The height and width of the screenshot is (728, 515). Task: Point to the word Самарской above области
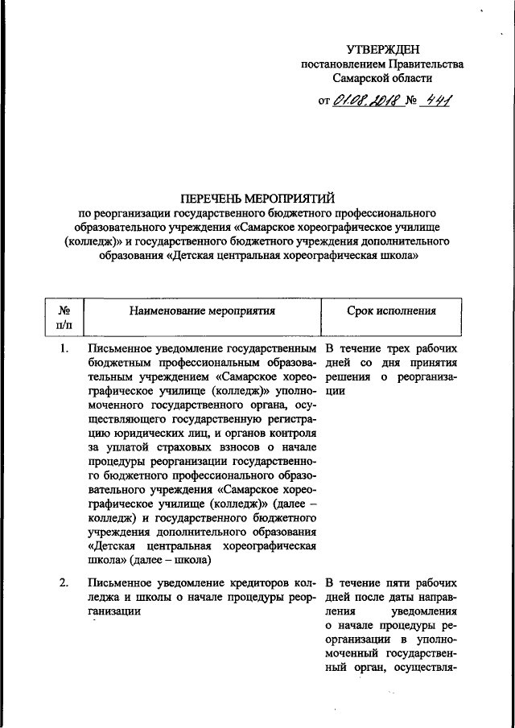click(365, 79)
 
